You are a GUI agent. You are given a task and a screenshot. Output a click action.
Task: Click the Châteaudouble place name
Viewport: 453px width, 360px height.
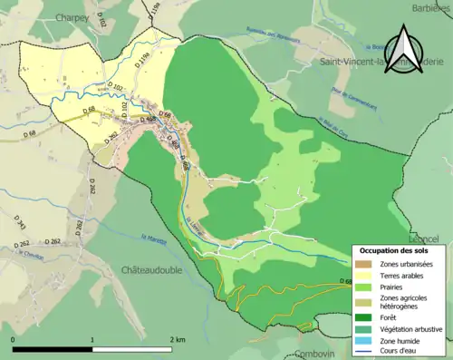pyautogui.click(x=152, y=270)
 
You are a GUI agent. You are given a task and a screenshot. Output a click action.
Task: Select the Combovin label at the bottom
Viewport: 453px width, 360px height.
pyautogui.click(x=315, y=354)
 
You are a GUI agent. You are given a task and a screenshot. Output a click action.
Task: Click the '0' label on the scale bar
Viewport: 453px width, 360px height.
pyautogui.click(x=14, y=338)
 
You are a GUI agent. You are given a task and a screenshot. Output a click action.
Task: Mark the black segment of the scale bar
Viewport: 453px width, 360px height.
pyautogui.click(x=53, y=348)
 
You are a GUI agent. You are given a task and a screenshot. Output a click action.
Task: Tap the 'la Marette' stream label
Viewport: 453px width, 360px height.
pyautogui.click(x=151, y=240)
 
